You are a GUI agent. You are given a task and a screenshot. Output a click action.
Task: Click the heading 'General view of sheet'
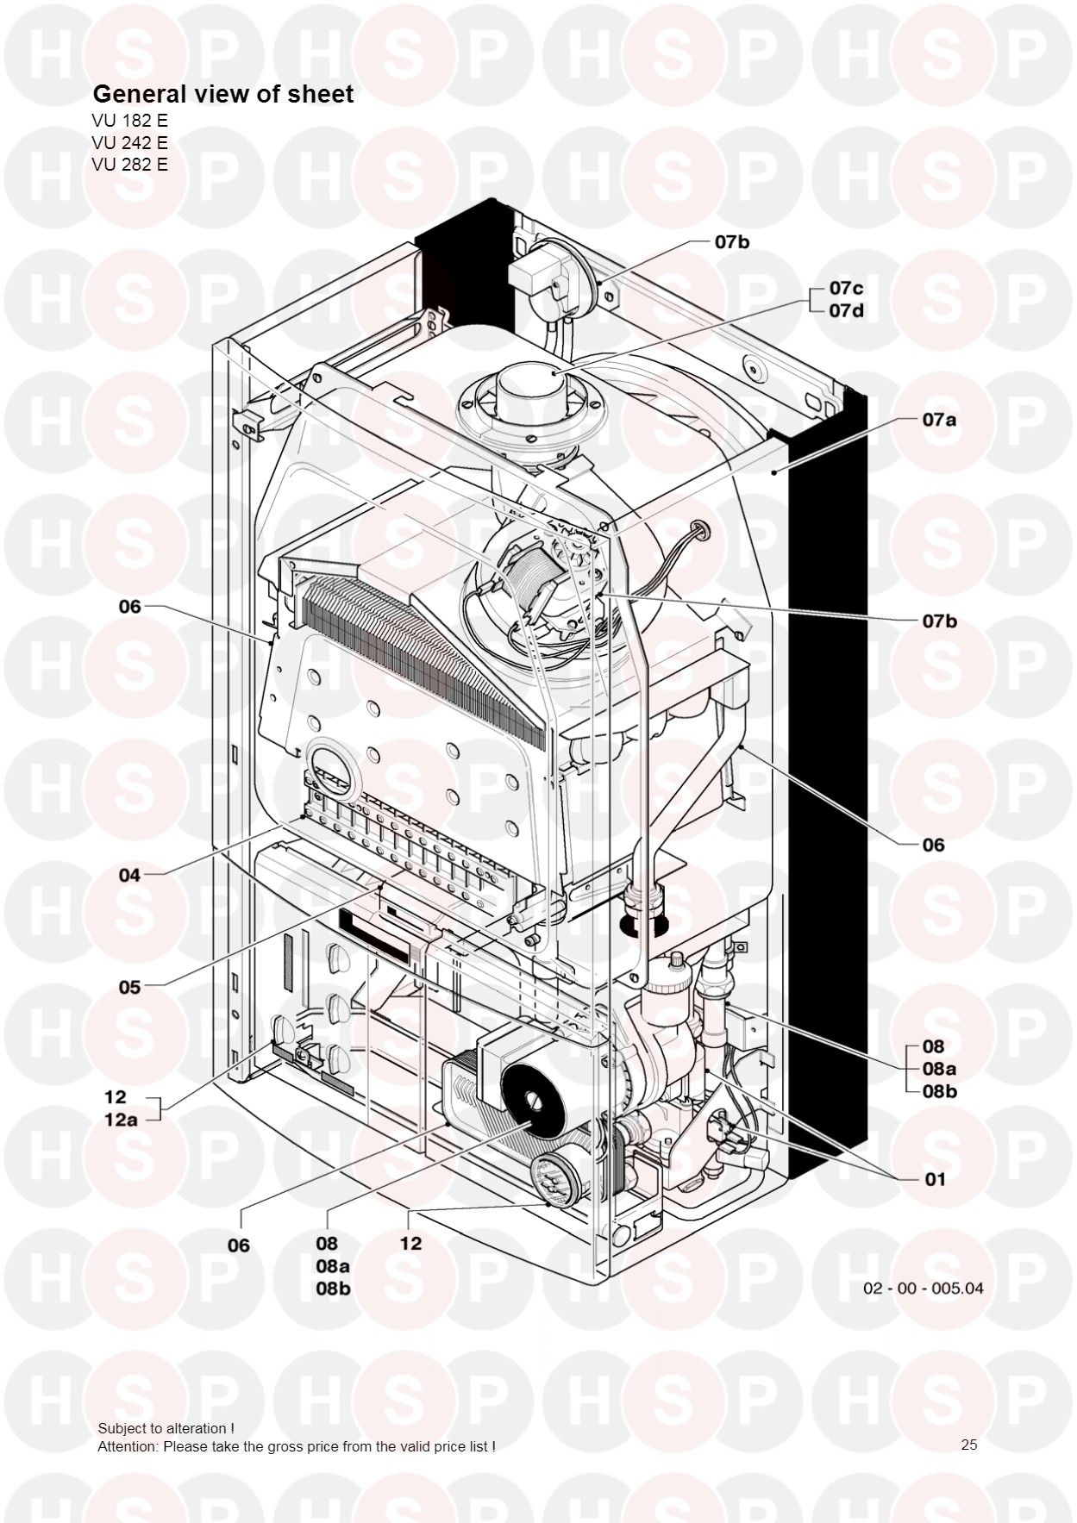(222, 94)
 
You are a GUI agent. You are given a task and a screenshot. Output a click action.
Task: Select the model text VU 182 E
(129, 120)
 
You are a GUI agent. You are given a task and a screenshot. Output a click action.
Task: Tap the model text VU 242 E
(129, 142)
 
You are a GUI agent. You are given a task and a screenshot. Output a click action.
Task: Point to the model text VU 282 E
(129, 164)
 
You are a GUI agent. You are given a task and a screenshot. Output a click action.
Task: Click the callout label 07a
(939, 421)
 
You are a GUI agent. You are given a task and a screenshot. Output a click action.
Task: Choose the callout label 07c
(846, 288)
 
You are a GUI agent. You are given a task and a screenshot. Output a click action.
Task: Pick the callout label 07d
(846, 310)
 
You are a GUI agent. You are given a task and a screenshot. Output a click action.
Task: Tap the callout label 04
(129, 876)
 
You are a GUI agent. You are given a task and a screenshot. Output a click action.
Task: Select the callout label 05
(129, 987)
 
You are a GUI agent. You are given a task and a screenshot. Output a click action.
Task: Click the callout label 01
(935, 1179)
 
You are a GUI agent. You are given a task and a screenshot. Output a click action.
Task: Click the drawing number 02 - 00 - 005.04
(923, 1289)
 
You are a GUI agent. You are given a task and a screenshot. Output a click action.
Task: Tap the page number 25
(969, 1445)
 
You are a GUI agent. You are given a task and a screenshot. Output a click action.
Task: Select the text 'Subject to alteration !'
(166, 1428)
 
